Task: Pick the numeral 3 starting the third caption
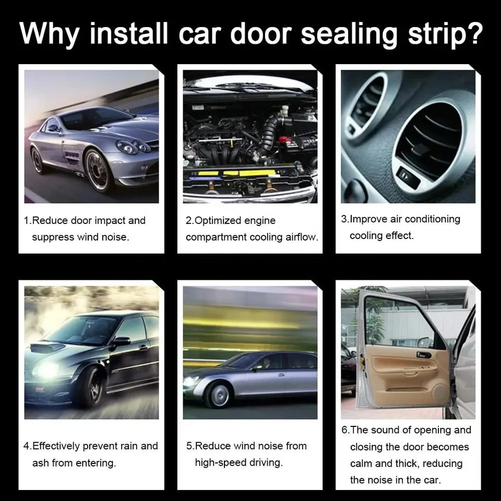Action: point(344,219)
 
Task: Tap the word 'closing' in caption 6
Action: point(366,447)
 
